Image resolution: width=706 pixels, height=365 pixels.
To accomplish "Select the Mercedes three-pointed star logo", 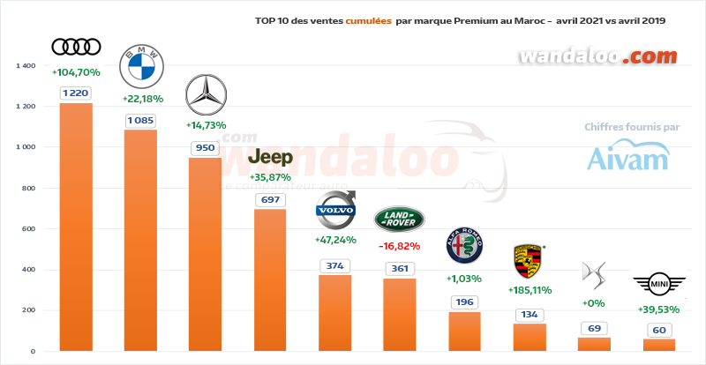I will pos(206,95).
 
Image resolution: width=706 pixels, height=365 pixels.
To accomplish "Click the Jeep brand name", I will pos(270,157).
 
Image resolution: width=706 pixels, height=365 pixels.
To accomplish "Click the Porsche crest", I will pos(529,262).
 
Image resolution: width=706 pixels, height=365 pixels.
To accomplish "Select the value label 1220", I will pos(76,92).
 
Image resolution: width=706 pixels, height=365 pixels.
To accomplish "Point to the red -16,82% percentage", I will pos(399,246).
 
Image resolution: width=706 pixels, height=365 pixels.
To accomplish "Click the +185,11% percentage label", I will pos(530,289).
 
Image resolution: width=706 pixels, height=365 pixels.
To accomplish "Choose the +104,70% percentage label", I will pos(76,72).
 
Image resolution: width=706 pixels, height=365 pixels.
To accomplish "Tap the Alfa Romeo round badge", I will pos(465,248).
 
